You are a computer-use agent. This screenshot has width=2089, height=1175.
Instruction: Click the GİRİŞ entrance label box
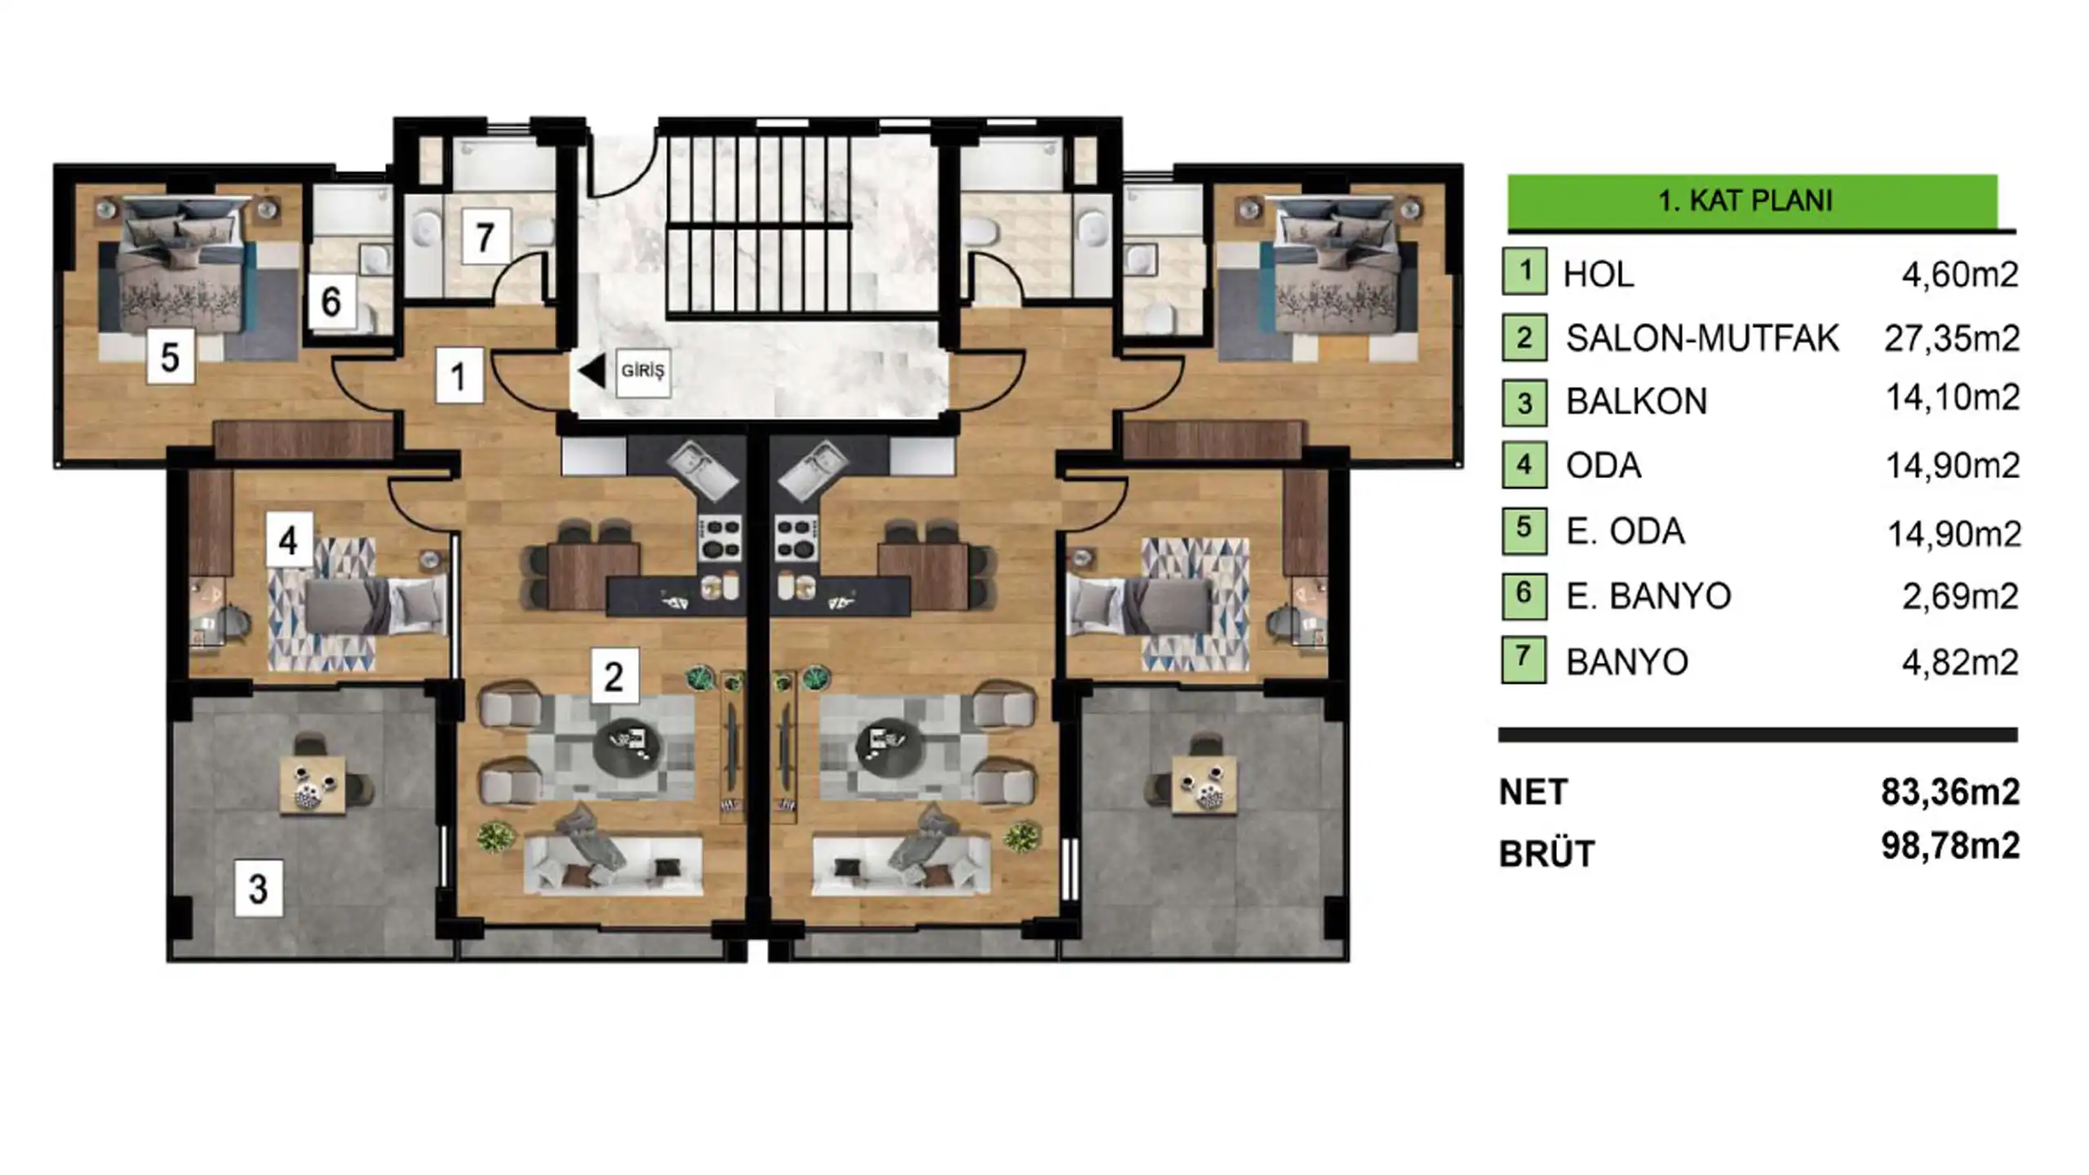coord(643,372)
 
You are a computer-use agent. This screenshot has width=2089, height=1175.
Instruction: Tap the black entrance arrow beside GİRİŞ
coord(592,371)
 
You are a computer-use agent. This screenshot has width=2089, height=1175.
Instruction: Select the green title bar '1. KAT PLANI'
coord(1752,201)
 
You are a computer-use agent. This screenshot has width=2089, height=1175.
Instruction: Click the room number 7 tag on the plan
coord(486,237)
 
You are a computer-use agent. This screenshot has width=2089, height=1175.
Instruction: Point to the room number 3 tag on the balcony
coord(259,888)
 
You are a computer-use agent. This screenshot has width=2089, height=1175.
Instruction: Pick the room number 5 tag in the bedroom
coord(170,357)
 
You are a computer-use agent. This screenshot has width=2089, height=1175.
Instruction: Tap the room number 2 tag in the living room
coord(614,676)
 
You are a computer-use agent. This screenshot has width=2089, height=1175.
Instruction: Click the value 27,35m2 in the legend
coord(1952,338)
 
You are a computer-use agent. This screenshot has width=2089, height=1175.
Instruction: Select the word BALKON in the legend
coord(1636,401)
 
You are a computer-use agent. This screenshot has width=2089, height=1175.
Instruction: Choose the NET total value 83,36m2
coord(1950,791)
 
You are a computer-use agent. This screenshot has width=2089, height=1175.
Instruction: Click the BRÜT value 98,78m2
coord(1950,846)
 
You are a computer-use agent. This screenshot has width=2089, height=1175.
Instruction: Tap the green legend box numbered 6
coord(1524,595)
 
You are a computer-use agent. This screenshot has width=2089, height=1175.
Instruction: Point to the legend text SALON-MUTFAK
coord(1702,339)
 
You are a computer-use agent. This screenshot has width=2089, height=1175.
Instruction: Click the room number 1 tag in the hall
coord(459,376)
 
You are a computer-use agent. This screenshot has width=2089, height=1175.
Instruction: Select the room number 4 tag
coord(289,539)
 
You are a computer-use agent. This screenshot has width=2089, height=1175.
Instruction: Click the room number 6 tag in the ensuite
coord(331,302)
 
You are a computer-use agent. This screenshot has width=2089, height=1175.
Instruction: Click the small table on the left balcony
coord(313,783)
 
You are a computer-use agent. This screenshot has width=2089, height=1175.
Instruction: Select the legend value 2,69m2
coord(1960,596)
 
